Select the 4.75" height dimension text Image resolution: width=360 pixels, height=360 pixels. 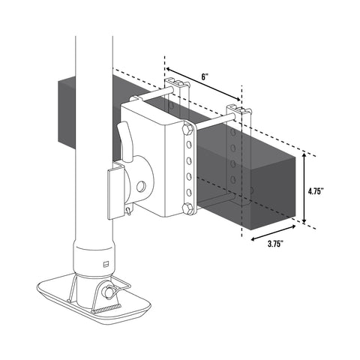point(316,191)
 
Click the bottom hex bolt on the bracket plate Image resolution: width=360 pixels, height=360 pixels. point(187,209)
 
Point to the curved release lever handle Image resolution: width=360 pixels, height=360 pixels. point(125,139)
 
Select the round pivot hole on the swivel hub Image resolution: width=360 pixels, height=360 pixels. point(141,187)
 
